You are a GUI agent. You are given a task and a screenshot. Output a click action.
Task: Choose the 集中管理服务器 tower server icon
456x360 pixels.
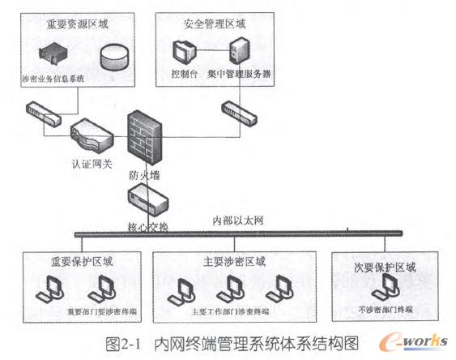click(x=238, y=51)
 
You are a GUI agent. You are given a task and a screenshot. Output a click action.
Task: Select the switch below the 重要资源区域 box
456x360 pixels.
click(x=45, y=113)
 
